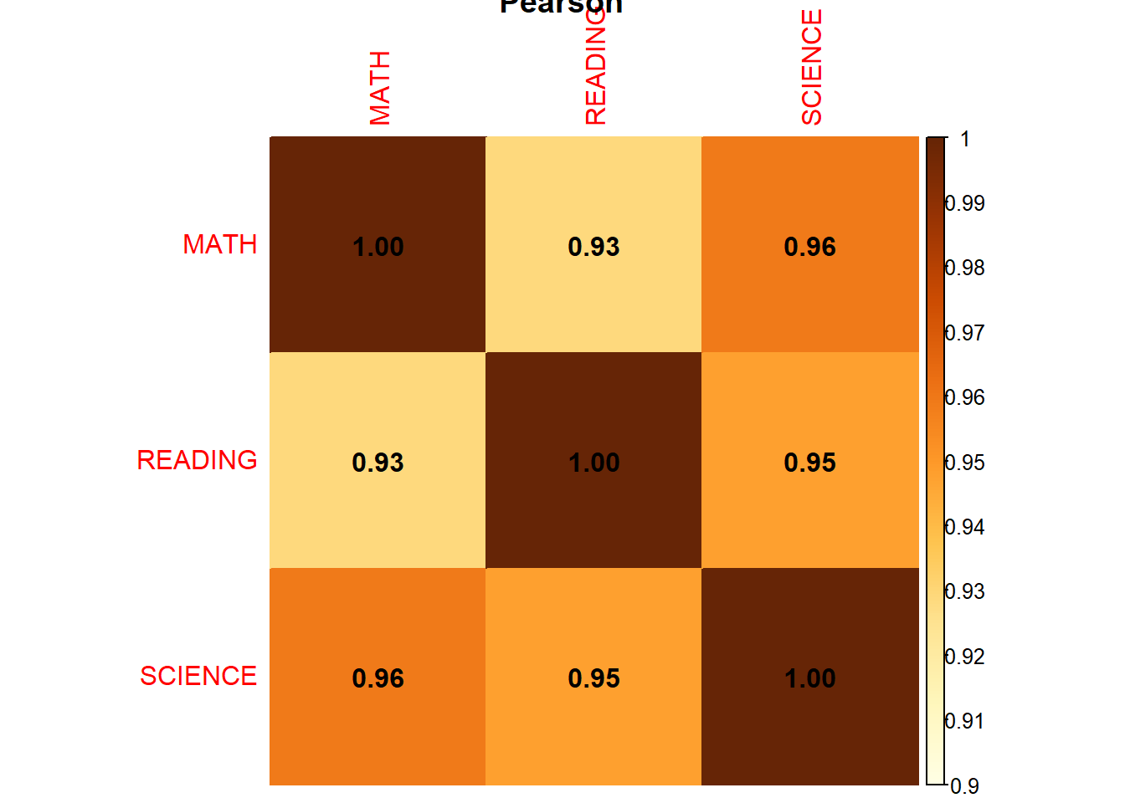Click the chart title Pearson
click(x=561, y=6)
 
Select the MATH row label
click(x=220, y=244)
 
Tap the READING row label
click(x=198, y=460)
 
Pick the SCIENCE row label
click(x=198, y=676)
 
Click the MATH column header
click(x=380, y=88)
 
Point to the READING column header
click(x=595, y=75)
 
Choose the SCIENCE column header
click(x=812, y=68)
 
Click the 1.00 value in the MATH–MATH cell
click(x=378, y=247)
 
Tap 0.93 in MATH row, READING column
click(x=593, y=247)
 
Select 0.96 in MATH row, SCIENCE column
click(x=809, y=247)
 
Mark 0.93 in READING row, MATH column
click(x=378, y=463)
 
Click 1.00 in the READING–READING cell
click(x=593, y=463)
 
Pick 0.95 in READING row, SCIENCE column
click(x=809, y=463)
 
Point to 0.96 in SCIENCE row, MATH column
click(x=378, y=678)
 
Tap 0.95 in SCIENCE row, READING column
click(x=593, y=678)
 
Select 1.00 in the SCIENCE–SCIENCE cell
click(x=809, y=678)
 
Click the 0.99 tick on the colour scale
click(x=965, y=203)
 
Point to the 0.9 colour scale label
click(x=965, y=786)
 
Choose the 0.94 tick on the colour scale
click(x=965, y=527)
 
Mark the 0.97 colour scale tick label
click(x=965, y=333)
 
